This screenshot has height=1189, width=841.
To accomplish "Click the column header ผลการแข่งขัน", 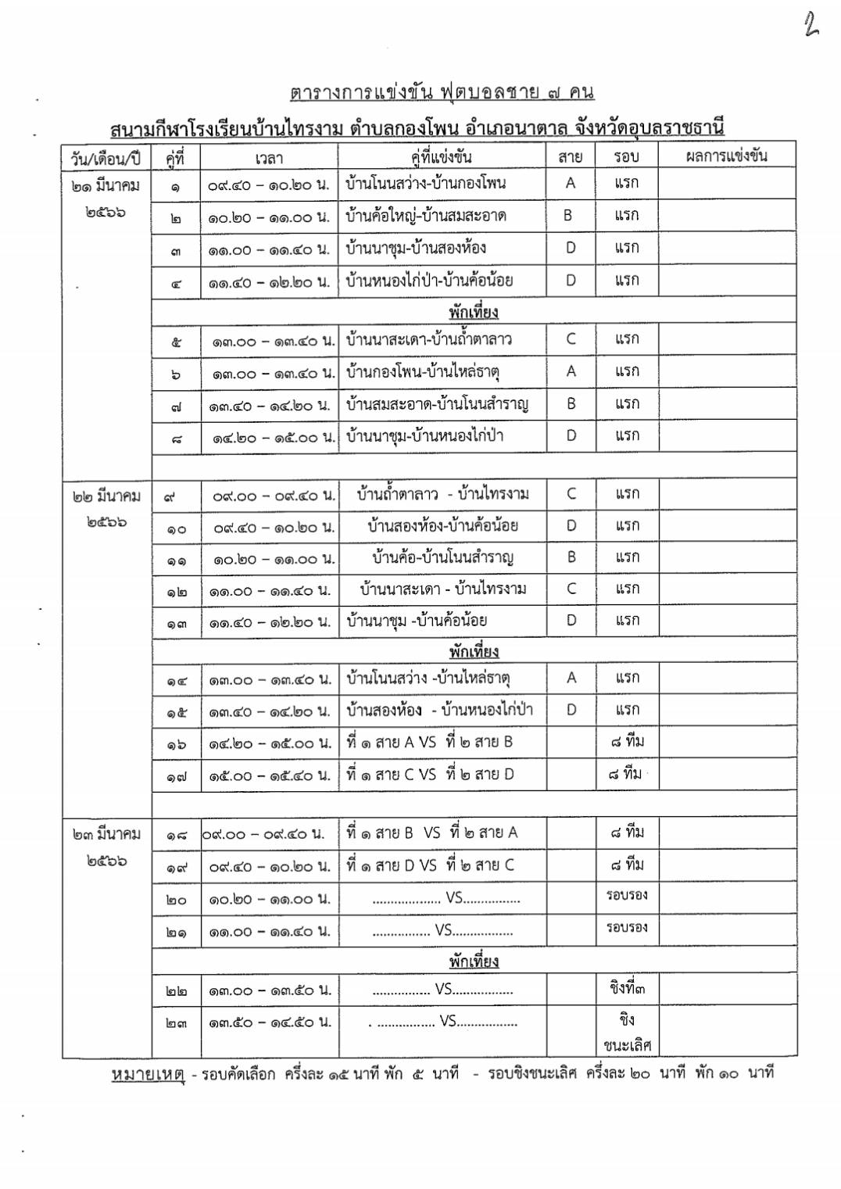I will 726,156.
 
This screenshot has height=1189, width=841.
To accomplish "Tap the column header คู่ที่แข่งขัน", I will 442,157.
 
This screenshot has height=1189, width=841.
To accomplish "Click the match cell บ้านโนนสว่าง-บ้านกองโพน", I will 426,184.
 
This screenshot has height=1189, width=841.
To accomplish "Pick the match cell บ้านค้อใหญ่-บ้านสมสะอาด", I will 426,216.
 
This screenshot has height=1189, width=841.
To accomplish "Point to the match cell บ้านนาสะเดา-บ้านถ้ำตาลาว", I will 429,339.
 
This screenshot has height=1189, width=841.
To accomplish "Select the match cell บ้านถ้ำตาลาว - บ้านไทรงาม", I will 442,494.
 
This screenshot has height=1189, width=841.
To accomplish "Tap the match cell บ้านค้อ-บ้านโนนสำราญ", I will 442,557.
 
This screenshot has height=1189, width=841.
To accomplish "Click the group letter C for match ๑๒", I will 571,589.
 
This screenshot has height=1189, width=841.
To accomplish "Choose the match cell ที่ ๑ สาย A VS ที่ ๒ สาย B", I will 430,742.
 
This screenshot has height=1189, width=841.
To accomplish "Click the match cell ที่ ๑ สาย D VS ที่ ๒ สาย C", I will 431,865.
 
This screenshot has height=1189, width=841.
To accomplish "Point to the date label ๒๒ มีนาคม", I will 106,496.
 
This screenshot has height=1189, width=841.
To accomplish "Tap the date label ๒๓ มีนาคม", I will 106,834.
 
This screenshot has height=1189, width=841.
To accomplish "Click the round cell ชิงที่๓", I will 628,988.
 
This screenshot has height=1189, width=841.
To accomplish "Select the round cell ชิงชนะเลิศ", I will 627,1032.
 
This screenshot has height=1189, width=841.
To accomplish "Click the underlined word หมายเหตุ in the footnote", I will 148,1074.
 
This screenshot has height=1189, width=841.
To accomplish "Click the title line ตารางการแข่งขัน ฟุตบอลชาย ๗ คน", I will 442,92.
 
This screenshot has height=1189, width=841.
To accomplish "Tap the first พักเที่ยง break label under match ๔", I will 474,312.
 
